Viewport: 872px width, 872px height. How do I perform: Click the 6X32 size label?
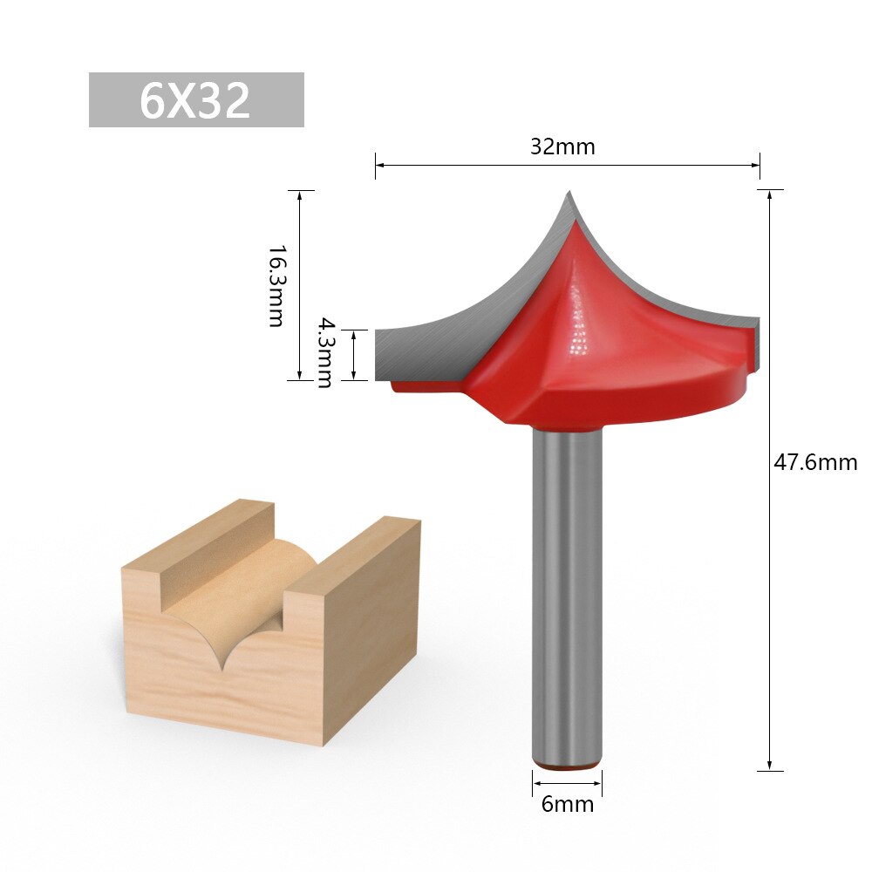coord(196,100)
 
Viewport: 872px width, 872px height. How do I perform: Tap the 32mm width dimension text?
coord(562,146)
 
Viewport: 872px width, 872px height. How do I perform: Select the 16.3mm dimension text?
coord(276,286)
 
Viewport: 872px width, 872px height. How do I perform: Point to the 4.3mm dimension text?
coord(324,352)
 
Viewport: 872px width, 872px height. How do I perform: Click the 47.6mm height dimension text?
coord(815,462)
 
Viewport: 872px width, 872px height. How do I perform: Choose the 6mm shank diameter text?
coord(567,804)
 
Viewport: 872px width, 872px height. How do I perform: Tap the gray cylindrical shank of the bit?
coord(567,593)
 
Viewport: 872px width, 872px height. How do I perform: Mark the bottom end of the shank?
coord(567,764)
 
